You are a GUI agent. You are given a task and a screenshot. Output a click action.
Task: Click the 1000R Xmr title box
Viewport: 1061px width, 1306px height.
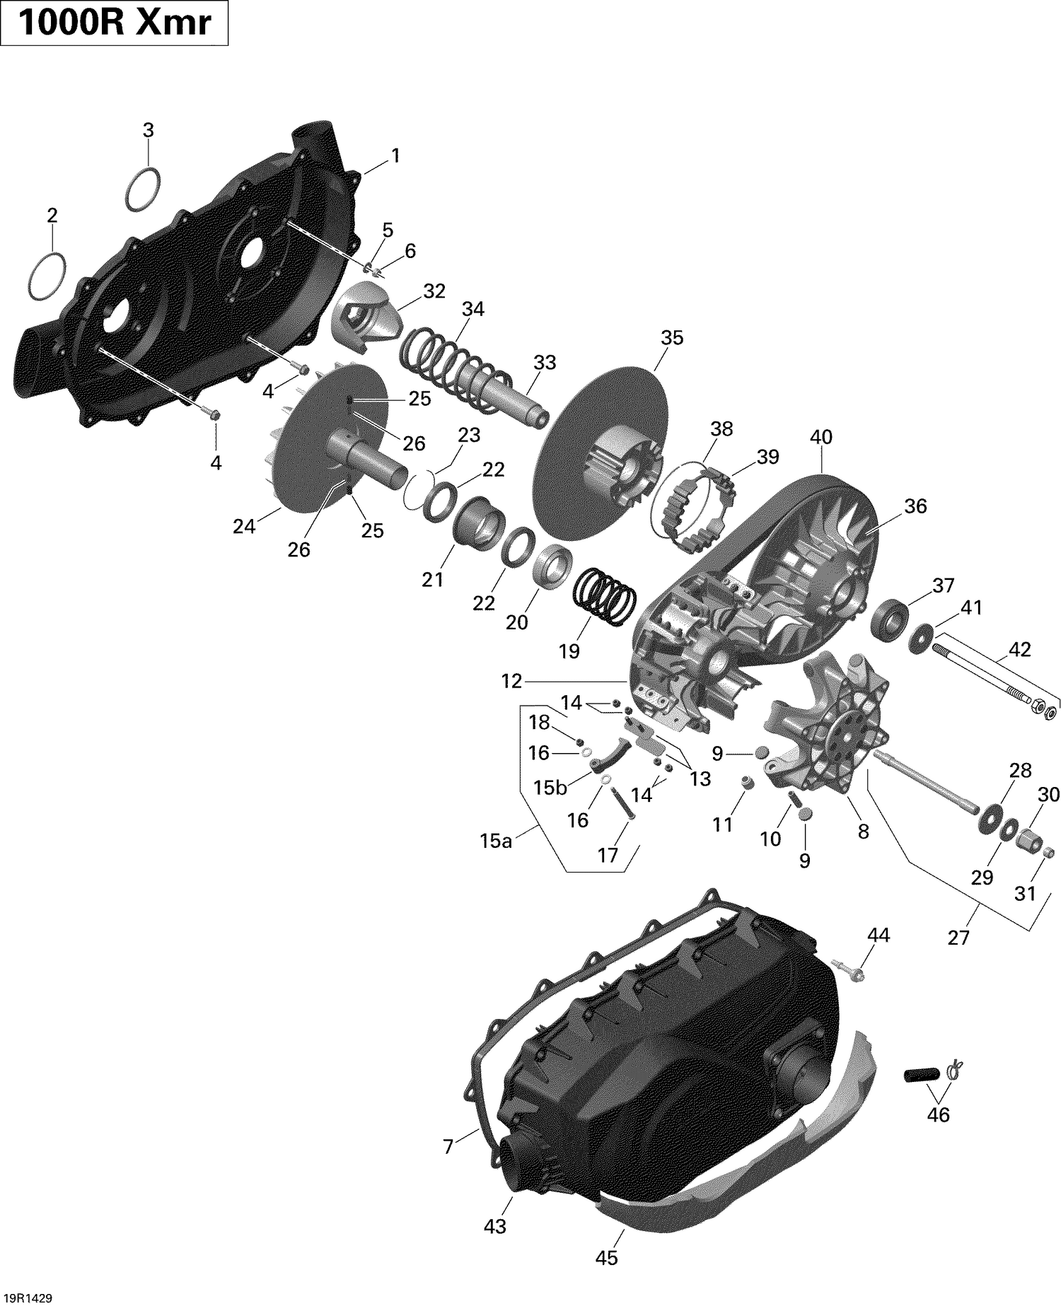tap(115, 23)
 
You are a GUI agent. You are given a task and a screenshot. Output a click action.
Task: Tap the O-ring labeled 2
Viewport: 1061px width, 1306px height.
tap(48, 274)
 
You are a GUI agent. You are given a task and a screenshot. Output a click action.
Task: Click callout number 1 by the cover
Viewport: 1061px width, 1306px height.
tap(395, 156)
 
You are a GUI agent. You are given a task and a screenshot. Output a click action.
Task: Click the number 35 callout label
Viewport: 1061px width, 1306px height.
tap(672, 338)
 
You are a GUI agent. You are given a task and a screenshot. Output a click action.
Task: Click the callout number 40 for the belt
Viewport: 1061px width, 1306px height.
tap(821, 437)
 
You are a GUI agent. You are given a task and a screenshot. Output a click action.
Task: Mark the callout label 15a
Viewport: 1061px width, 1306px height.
tap(495, 841)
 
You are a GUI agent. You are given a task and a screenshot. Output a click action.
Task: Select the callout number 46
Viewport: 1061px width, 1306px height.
tap(939, 1114)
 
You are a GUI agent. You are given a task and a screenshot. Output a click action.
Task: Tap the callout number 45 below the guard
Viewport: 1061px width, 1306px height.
tap(607, 1257)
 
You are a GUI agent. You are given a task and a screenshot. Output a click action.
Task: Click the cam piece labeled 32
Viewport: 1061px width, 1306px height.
tap(366, 313)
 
